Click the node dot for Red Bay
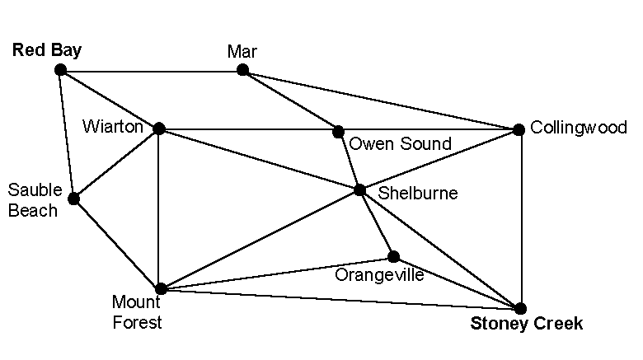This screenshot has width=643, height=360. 60,70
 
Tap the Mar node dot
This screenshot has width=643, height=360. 242,70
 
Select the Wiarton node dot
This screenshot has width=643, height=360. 159,129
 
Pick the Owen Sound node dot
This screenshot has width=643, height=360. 338,132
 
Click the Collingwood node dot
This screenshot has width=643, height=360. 519,129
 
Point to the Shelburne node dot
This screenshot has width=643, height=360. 359,190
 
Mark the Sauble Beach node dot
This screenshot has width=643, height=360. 73,199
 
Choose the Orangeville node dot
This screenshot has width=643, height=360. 394,256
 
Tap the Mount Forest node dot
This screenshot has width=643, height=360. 161,289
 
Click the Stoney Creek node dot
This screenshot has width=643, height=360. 520,308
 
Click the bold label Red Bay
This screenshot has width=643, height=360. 47,51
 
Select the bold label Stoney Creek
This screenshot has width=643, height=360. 526,324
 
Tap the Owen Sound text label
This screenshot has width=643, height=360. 400,145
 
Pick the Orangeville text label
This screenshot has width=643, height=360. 379,275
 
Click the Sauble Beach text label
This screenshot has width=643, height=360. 33,200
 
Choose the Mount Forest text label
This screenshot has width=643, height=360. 137,313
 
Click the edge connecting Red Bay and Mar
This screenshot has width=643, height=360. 151,70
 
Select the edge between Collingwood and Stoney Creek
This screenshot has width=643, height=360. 519,218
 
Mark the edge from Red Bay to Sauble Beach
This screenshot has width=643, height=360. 67,134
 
